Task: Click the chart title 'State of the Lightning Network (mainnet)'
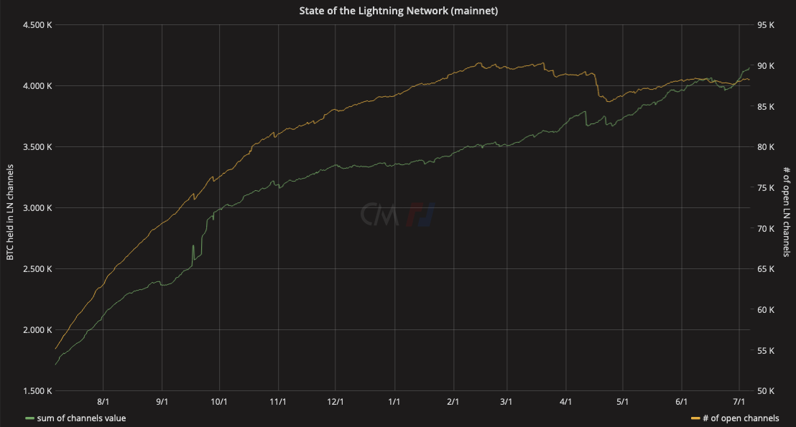pos(398,11)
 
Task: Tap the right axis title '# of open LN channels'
pos(787,212)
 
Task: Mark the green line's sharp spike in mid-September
pos(193,245)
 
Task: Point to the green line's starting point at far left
pos(55,365)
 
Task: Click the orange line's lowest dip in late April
pos(608,101)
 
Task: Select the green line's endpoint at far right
pos(749,67)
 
